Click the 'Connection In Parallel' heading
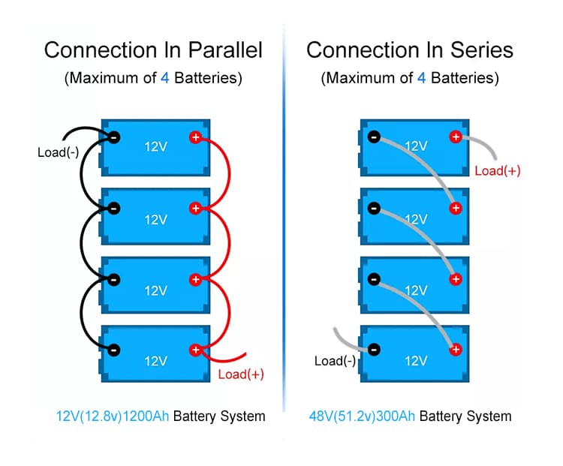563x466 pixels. (153, 50)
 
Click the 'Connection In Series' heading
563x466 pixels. (410, 50)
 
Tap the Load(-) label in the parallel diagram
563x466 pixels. (58, 153)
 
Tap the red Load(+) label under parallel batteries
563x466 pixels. (241, 374)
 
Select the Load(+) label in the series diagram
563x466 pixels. (498, 170)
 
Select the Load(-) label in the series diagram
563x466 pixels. (335, 361)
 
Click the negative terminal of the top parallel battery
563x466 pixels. (114, 137)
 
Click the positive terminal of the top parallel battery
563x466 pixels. (196, 137)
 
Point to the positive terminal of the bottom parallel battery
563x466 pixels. (196, 350)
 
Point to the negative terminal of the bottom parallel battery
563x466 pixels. (114, 350)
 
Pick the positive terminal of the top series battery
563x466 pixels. (455, 137)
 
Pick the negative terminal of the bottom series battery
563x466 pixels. (374, 349)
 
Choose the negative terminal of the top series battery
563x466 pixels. (374, 137)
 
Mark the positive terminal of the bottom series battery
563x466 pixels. (455, 349)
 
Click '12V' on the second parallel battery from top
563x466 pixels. (155, 219)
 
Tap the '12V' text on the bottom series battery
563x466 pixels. (416, 361)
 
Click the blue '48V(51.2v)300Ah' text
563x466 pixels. (363, 416)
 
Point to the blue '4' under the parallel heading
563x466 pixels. (165, 77)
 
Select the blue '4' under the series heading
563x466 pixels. (421, 77)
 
